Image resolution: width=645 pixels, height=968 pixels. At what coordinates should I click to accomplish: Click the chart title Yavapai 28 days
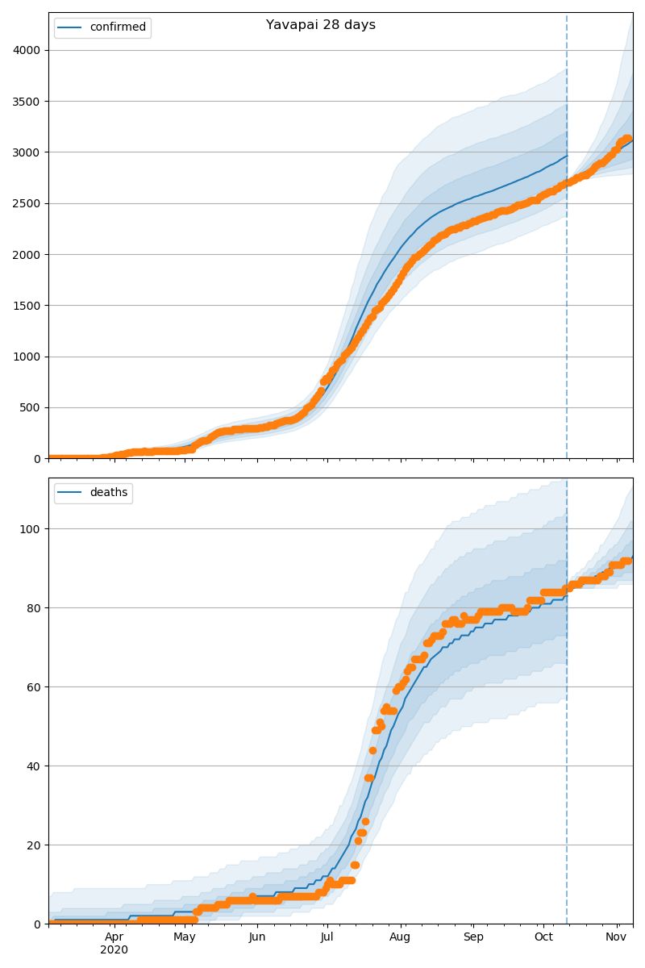(321, 25)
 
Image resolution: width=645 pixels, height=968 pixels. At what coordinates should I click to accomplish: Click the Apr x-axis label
(114, 937)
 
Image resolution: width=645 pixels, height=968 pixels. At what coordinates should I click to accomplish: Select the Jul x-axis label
(327, 937)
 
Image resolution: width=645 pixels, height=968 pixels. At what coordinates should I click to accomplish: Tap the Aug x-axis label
(400, 937)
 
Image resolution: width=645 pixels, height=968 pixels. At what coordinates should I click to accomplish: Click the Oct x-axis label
(544, 937)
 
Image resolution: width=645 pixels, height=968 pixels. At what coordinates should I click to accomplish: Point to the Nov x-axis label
(617, 937)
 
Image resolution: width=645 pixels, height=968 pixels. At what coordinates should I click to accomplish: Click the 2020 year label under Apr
(114, 950)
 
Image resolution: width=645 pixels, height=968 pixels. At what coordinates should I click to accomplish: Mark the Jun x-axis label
(257, 937)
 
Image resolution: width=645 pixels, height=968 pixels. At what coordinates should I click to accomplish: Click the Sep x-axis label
(473, 937)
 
